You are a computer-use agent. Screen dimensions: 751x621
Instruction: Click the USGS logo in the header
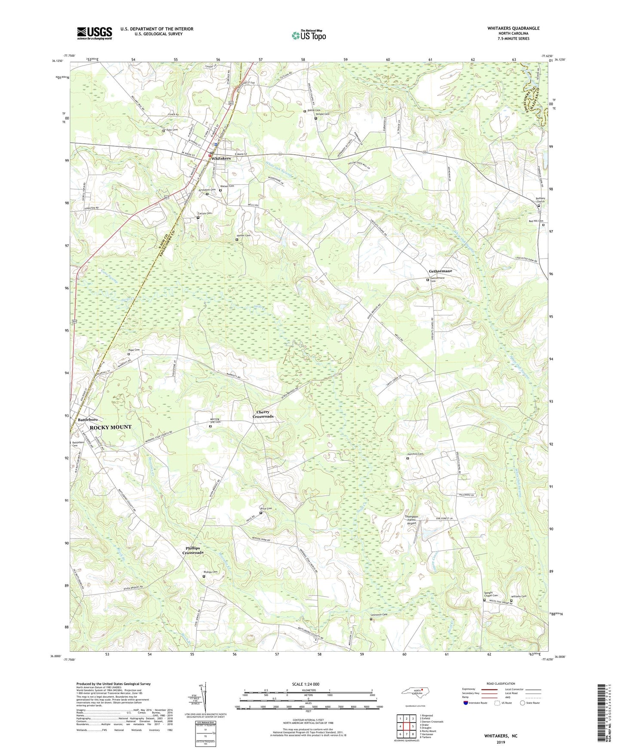(x=95, y=33)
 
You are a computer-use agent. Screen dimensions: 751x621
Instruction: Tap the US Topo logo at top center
(x=309, y=35)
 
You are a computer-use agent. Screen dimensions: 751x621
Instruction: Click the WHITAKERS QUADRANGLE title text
(x=513, y=28)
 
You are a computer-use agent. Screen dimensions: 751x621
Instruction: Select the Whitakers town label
(x=221, y=158)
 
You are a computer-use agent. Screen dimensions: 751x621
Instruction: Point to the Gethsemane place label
(x=441, y=271)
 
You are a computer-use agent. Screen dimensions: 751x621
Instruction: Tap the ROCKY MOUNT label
(x=110, y=427)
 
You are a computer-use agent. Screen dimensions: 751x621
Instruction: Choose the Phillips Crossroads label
(x=193, y=551)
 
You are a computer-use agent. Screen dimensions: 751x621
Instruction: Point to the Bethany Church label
(x=540, y=200)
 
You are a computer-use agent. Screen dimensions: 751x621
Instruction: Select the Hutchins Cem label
(x=415, y=454)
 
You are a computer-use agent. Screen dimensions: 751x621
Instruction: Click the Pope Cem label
(x=134, y=350)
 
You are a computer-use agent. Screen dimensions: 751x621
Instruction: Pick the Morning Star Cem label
(x=215, y=421)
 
